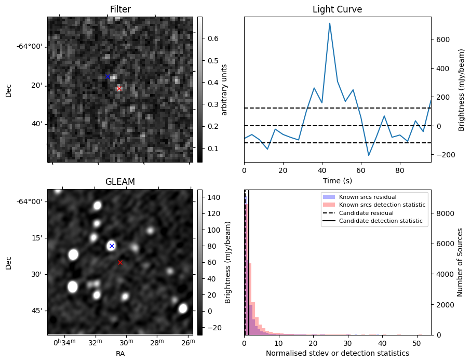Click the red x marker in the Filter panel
coord(119,89)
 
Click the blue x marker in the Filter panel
coord(107,77)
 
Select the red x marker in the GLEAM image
coord(120,263)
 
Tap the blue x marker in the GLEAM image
coord(112,246)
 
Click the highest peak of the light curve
coord(330,23)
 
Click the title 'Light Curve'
coord(337,9)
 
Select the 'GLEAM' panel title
coord(120,182)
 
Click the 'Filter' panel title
coord(120,9)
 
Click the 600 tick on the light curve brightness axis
coord(442,39)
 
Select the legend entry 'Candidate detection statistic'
coord(381,221)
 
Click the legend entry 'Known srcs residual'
coord(367,197)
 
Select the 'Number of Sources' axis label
coord(460,262)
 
